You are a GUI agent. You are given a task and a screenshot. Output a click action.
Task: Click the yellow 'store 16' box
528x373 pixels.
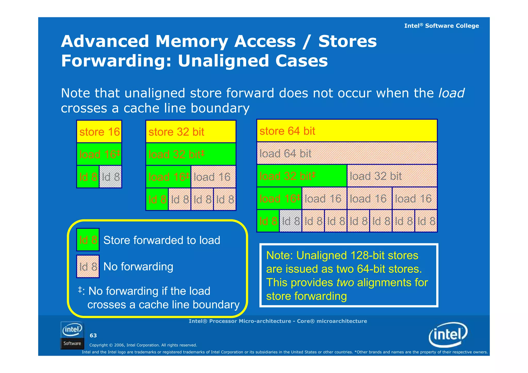pyautogui.click(x=99, y=132)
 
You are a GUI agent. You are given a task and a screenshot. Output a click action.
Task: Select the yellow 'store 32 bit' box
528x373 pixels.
pyautogui.click(x=191, y=132)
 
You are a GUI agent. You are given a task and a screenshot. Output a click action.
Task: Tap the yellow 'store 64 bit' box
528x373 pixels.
pyautogui.click(x=347, y=131)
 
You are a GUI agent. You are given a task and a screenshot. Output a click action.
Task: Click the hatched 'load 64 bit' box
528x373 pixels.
pyautogui.click(x=347, y=153)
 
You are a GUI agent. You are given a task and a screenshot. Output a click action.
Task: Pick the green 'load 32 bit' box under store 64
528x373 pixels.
pyautogui.click(x=302, y=176)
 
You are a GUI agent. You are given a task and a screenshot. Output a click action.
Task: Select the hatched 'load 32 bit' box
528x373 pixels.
pyautogui.click(x=392, y=176)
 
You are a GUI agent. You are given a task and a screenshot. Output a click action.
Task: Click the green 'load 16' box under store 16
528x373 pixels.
pyautogui.click(x=99, y=154)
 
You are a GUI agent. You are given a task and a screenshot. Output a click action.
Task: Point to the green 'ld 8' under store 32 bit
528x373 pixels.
pyautogui.click(x=157, y=199)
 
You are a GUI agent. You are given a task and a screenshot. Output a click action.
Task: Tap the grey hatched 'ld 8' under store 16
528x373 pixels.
pyautogui.click(x=110, y=177)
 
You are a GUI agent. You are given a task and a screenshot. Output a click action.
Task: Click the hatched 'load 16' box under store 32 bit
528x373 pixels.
pyautogui.click(x=213, y=177)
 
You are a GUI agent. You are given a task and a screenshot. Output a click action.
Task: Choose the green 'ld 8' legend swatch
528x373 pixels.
pyautogui.click(x=88, y=240)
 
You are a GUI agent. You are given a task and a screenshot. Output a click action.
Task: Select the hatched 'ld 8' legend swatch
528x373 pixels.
pyautogui.click(x=88, y=267)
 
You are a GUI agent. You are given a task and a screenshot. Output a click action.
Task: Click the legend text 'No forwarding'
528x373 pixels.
pyautogui.click(x=138, y=267)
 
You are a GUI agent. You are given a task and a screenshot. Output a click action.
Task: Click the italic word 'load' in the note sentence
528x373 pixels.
pyautogui.click(x=451, y=93)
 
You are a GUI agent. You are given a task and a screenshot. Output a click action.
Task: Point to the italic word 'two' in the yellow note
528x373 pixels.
pyautogui.click(x=345, y=283)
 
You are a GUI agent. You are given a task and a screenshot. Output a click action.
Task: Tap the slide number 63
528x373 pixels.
pyautogui.click(x=93, y=335)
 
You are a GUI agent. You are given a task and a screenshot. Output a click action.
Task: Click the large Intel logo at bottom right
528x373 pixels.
pyautogui.click(x=448, y=335)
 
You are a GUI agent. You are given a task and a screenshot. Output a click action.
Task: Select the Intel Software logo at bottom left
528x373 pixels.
pyautogui.click(x=72, y=335)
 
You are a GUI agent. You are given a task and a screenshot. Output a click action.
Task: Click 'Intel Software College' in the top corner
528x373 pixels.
pyautogui.click(x=441, y=26)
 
